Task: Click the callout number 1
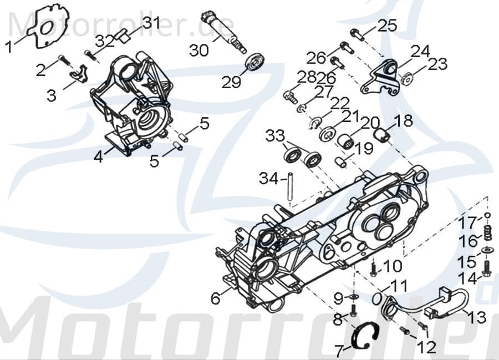pos(9,47)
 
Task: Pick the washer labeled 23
pos(408,79)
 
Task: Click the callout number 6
pos(215,298)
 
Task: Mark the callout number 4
pos(98,157)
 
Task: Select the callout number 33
pos(274,135)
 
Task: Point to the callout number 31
pos(151,23)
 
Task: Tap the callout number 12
pos(427,347)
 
